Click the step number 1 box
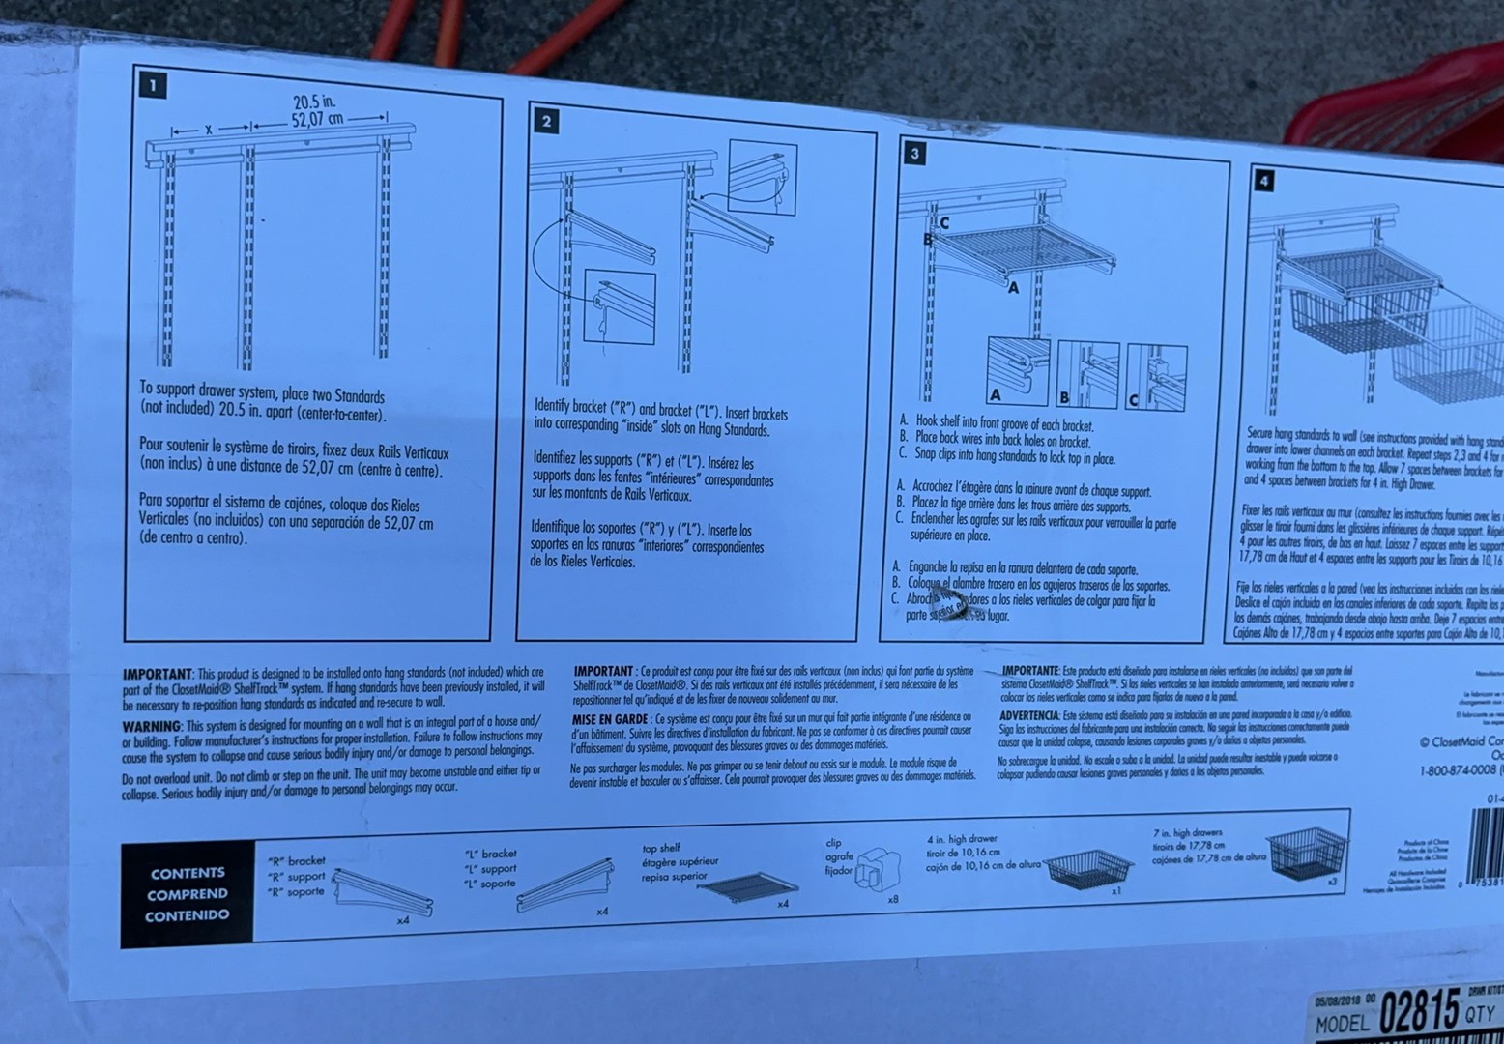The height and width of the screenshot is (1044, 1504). coord(153,85)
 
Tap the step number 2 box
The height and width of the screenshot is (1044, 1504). coord(546,121)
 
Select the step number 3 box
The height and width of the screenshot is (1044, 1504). coord(913,153)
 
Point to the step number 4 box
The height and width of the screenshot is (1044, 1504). coord(1262,180)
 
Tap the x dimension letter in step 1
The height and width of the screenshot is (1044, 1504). coord(208,129)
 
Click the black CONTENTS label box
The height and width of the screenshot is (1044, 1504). coord(188,894)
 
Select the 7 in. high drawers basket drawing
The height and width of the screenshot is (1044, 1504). coord(1308,852)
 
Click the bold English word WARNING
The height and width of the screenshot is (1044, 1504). coord(151,726)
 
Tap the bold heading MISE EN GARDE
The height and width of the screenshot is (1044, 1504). coord(609,719)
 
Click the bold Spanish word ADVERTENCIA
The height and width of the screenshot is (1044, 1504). coord(1028,715)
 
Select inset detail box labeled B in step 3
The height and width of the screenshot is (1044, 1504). coord(1087,374)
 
